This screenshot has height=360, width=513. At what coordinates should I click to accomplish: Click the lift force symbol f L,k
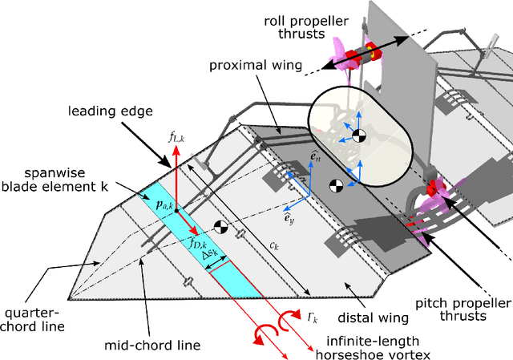point(176,138)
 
